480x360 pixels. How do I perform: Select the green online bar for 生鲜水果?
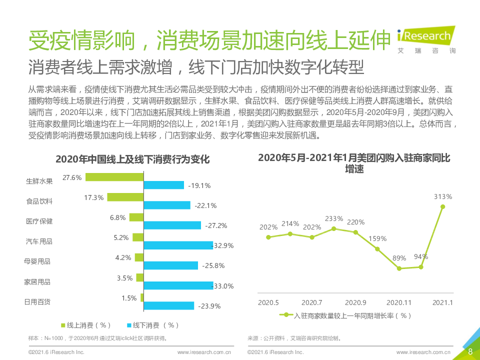114,177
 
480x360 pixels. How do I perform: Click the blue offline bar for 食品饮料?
167,205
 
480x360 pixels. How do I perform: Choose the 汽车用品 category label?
39,241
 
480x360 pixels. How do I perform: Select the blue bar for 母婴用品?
171,265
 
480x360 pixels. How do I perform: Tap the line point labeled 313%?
442,206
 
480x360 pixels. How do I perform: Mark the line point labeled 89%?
399,268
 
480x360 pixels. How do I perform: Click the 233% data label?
333,218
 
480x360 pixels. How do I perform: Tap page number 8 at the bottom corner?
470,351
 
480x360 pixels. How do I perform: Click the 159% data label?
377,238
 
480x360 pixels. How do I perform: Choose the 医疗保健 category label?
39,221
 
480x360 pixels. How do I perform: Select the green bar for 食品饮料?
125,197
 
